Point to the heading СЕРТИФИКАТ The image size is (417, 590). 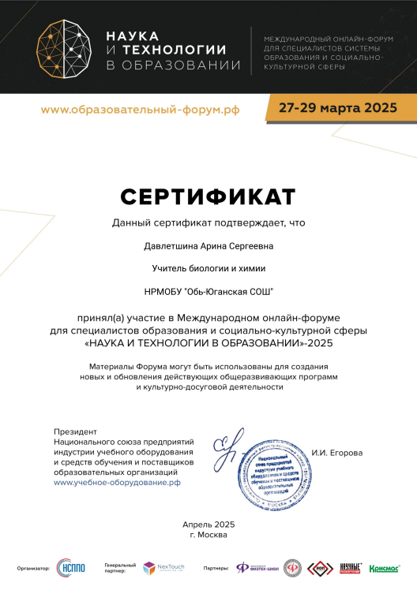point(208,195)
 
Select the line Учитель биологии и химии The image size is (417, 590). point(208,269)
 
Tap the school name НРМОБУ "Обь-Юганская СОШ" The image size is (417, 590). point(208,292)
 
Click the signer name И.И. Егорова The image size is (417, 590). point(337,453)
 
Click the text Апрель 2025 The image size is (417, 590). point(208,525)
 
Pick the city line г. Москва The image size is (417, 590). point(208,535)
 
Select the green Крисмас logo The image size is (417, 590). point(384,567)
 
